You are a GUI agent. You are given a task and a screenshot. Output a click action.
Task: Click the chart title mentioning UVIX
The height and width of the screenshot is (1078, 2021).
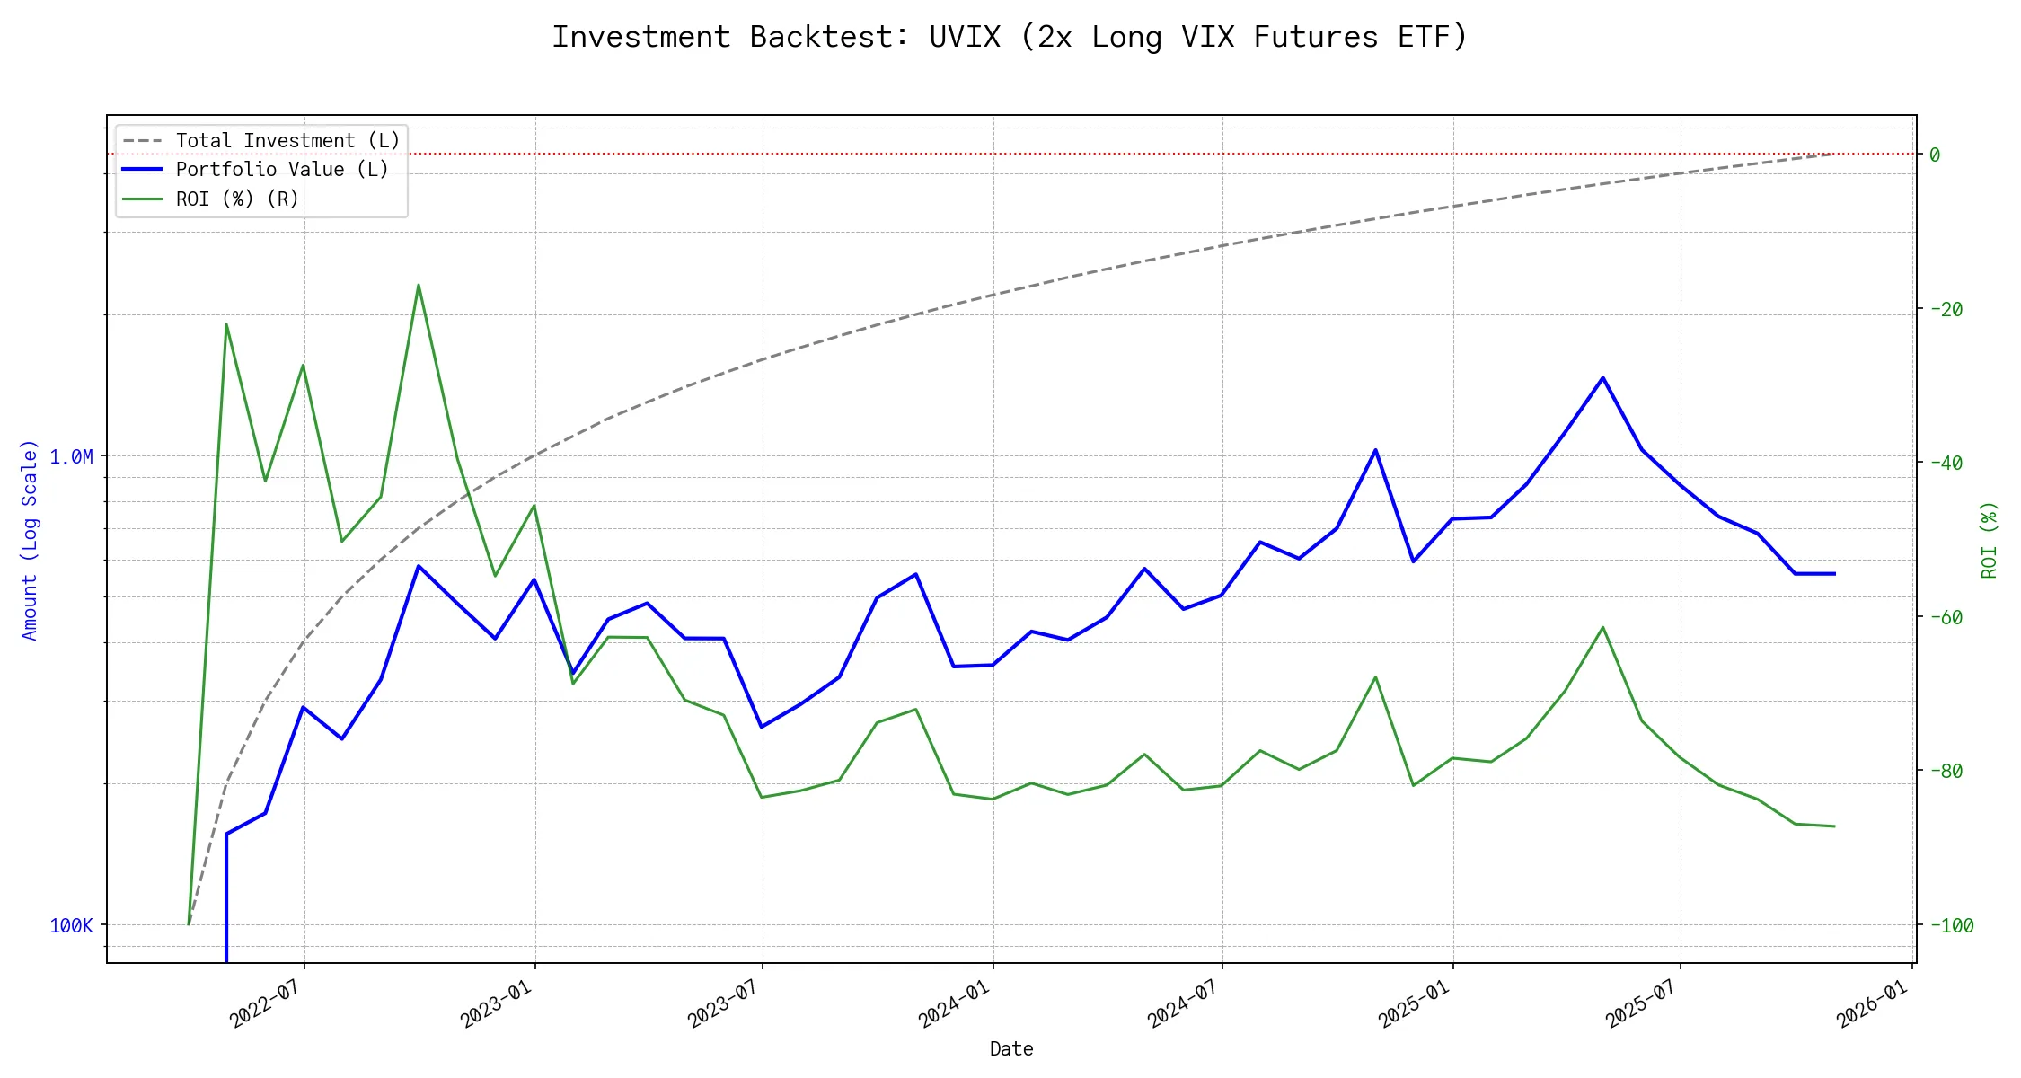pos(1010,37)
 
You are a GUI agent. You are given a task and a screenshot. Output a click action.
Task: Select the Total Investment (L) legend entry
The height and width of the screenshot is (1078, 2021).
pos(287,141)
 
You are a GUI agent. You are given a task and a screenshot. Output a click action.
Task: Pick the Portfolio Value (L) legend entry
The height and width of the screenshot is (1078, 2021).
pos(282,170)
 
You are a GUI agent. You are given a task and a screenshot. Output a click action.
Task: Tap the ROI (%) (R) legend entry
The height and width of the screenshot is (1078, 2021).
pos(237,199)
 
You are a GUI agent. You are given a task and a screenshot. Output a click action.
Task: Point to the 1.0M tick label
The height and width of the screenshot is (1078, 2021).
pos(71,456)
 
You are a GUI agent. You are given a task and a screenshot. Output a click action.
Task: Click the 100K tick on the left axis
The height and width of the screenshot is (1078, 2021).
pos(71,925)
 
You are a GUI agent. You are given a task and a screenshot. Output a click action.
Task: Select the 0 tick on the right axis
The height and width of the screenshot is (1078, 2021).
pos(1935,155)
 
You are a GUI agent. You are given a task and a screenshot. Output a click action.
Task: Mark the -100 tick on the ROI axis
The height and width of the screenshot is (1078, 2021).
pos(1950,925)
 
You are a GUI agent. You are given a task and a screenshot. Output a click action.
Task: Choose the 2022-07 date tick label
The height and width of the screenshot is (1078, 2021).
pos(265,1003)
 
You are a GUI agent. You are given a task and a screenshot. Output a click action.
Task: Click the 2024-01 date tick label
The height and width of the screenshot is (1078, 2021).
pos(954,1003)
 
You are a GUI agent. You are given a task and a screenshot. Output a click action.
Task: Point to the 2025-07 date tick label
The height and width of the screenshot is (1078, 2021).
pos(1641,1003)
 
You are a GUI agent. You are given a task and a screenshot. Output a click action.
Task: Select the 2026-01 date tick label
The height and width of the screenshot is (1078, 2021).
pos(1872,1003)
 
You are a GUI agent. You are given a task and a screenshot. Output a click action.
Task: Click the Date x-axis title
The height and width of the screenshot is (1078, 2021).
pos(1011,1048)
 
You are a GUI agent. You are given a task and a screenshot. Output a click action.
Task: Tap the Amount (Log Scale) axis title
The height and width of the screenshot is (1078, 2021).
pos(30,539)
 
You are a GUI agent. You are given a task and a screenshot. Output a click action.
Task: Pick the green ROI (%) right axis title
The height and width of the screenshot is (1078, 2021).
pos(1990,539)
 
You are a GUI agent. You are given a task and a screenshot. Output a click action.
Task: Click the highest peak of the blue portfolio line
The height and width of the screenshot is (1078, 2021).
pos(1602,378)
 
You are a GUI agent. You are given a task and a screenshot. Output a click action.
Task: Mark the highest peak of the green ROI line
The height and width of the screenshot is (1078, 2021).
pos(419,285)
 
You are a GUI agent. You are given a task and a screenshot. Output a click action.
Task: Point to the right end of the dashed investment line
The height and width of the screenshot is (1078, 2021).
pos(1833,154)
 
